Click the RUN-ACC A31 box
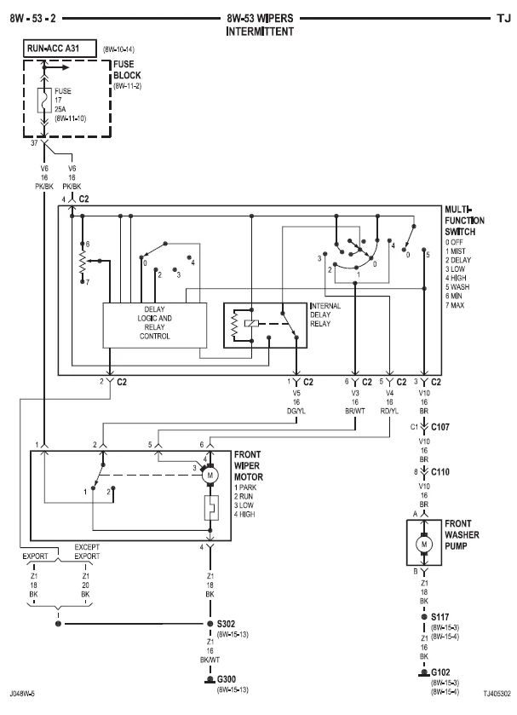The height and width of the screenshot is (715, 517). (60, 49)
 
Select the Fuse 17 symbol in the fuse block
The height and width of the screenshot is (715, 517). (44, 101)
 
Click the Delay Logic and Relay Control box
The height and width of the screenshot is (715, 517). (154, 326)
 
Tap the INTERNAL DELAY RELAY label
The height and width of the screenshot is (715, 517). (325, 314)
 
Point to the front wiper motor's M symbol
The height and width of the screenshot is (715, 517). (210, 476)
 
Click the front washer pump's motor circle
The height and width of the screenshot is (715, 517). (424, 544)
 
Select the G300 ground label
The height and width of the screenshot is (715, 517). (226, 679)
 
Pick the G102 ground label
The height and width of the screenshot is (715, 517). (440, 672)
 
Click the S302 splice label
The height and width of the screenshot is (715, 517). (226, 624)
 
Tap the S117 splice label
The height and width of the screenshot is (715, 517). (440, 617)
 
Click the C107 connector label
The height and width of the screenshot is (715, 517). (440, 427)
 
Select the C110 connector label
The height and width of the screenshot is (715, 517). (440, 472)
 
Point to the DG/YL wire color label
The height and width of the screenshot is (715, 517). (296, 411)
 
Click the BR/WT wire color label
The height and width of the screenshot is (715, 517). (355, 411)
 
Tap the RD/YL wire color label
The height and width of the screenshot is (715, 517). (389, 411)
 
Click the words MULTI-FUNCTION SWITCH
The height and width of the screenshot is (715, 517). (464, 221)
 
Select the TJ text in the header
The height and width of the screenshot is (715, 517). (503, 19)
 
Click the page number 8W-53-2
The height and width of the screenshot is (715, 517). (33, 19)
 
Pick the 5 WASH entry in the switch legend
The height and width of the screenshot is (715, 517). (457, 287)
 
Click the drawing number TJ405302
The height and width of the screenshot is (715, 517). (497, 694)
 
